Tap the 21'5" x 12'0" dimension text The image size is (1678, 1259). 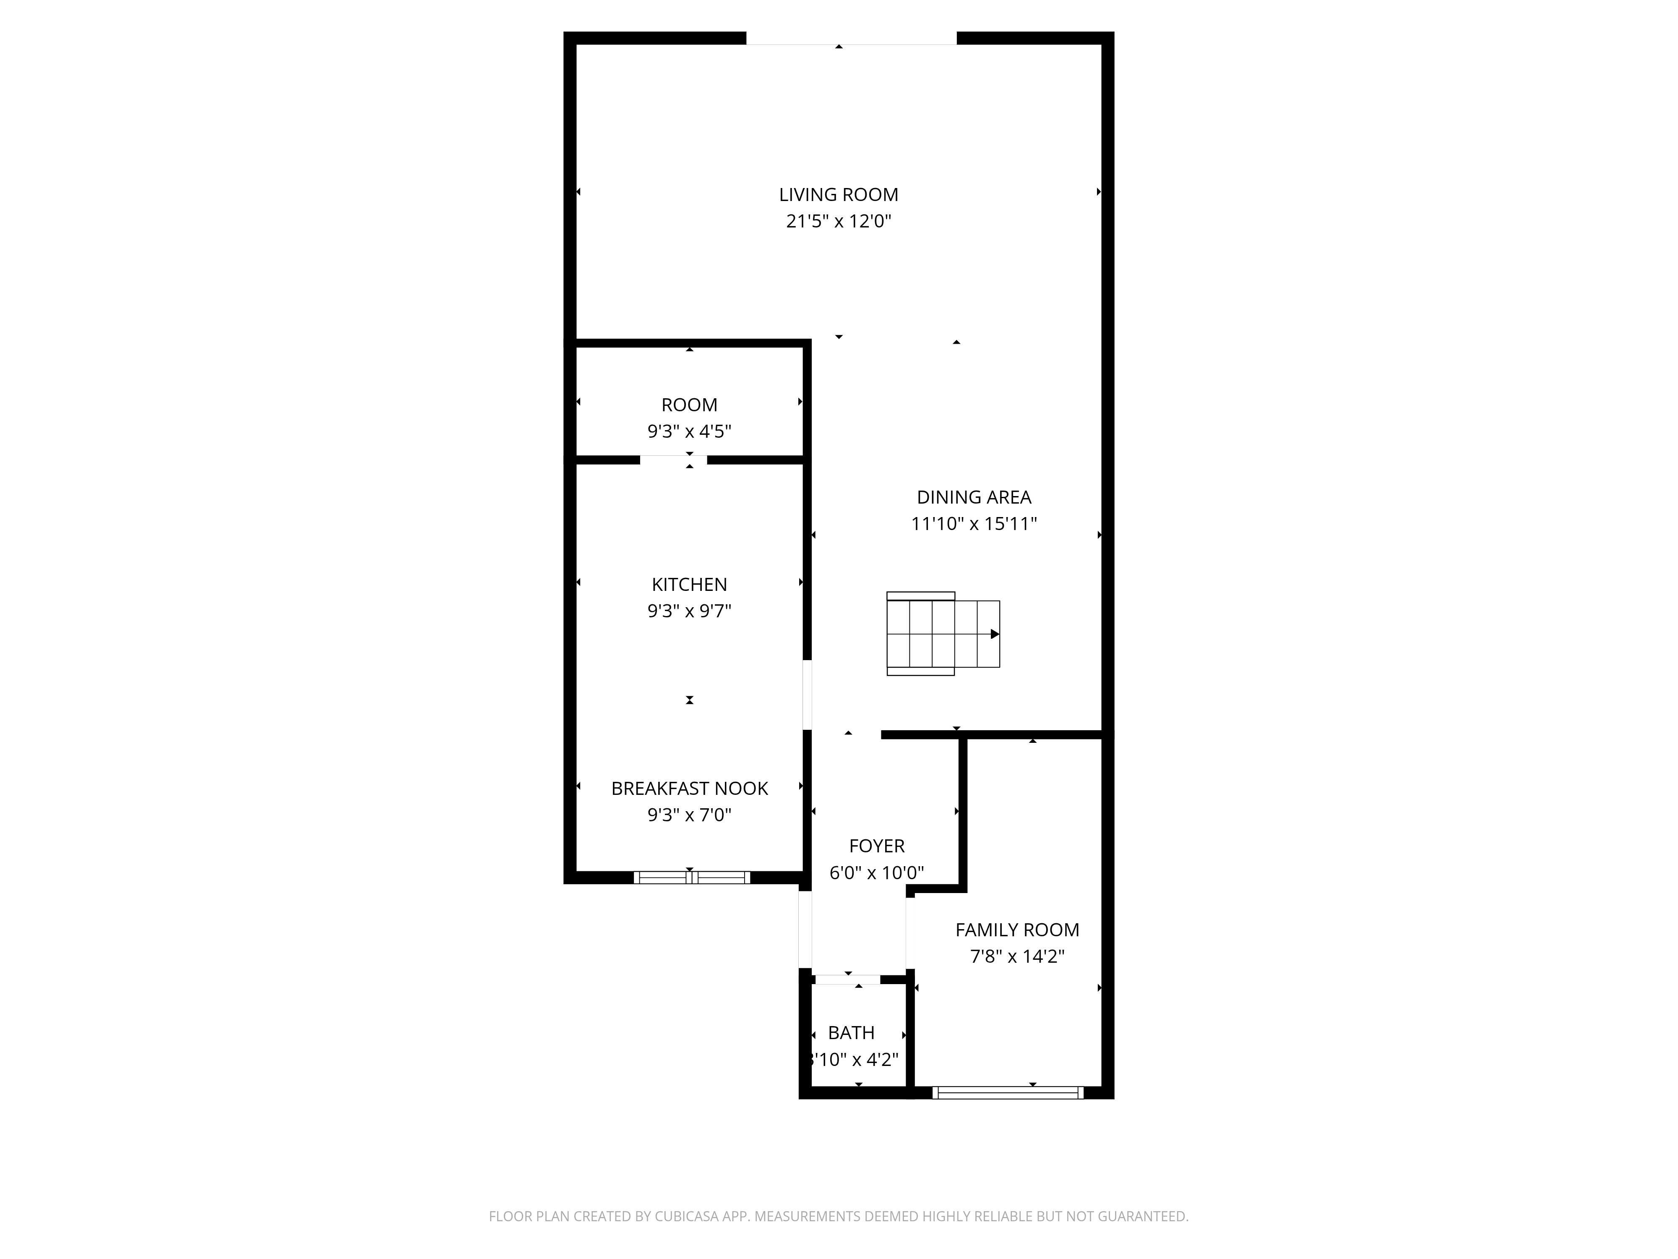(838, 222)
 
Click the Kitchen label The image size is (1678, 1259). (689, 584)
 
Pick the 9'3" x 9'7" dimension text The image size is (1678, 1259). (689, 611)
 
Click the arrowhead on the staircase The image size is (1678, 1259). (995, 634)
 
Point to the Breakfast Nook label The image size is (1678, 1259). (689, 789)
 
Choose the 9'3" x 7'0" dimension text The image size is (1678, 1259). (689, 815)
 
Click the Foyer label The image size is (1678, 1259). (876, 846)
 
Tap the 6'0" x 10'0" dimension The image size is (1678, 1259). (876, 873)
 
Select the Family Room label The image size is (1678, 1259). (1016, 930)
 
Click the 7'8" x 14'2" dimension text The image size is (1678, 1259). (1016, 956)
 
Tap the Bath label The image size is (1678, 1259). (851, 1033)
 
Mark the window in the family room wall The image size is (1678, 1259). (1007, 1093)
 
